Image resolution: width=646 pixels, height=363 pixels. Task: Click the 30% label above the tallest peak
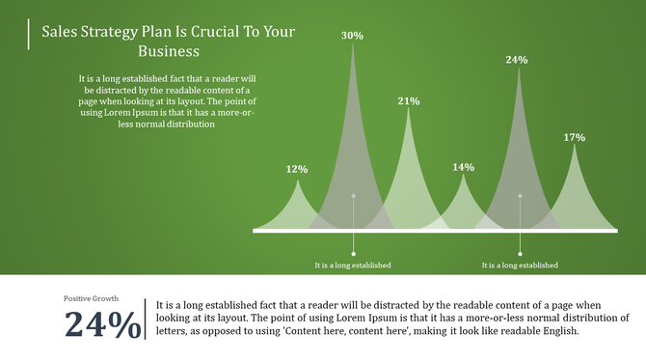(352, 36)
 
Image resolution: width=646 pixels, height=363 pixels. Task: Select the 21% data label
(408, 100)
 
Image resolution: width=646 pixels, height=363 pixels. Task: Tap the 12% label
(297, 169)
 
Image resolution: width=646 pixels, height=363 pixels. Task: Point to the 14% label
(463, 167)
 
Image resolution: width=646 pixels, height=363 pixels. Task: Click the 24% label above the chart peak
(517, 60)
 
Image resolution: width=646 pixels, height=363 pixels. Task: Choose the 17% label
(575, 137)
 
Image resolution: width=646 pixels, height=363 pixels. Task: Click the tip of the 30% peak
(352, 46)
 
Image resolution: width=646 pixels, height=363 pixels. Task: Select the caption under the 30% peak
(353, 265)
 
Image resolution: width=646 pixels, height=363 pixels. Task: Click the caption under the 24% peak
(520, 265)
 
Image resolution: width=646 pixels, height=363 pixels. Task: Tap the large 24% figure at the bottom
(102, 324)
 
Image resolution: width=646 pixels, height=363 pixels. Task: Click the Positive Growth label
(92, 298)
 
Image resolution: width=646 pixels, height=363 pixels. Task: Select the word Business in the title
(169, 51)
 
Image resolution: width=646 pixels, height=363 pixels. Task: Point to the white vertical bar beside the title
(29, 32)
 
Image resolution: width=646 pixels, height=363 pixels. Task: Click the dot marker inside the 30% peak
(353, 196)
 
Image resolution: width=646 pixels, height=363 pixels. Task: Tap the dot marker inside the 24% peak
(521, 196)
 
